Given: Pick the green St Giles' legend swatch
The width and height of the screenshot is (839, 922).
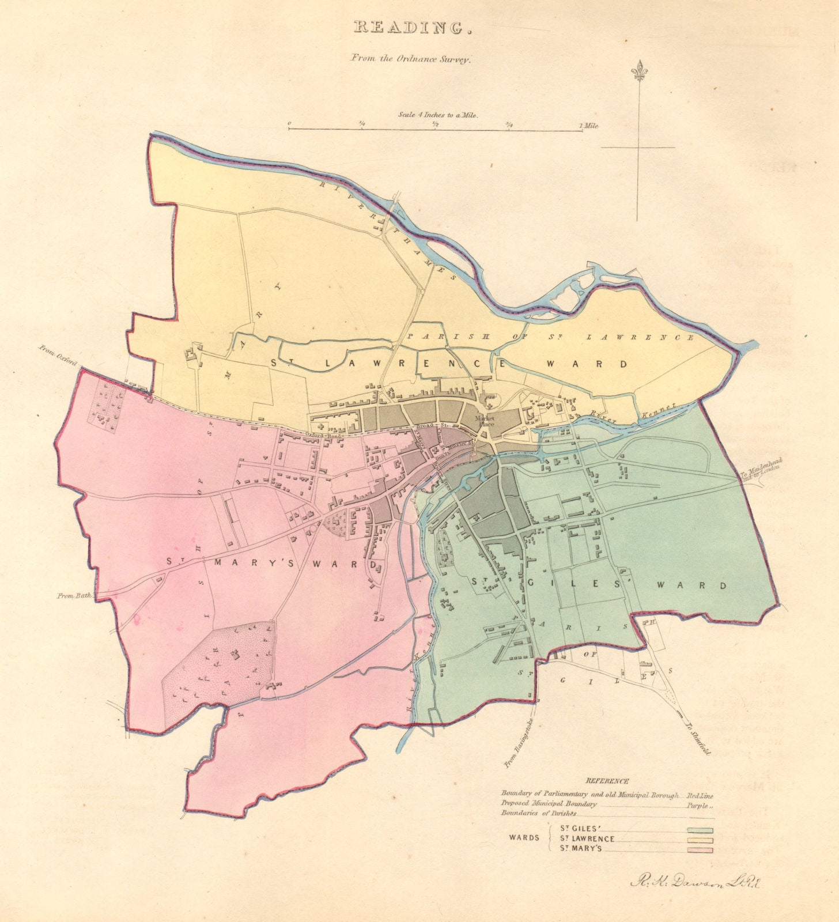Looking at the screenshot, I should tap(700, 830).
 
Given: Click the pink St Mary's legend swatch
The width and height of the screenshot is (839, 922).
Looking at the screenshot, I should tap(700, 850).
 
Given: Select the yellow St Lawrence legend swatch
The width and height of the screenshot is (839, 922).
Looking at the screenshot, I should tap(700, 840).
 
